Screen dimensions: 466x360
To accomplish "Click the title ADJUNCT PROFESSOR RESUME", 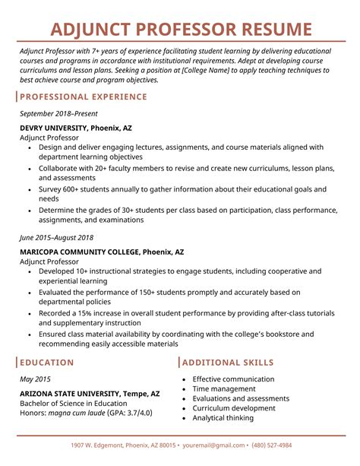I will pos(180,30).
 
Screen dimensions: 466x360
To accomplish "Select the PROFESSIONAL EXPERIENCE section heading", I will pos(84,97).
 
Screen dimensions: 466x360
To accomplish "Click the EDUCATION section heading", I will pos(47,363).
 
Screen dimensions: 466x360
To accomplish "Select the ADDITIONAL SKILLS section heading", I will pos(228,363).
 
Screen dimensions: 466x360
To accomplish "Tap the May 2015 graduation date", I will pos(35,379).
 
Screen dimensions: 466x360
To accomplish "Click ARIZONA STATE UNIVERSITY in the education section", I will pos(69,394).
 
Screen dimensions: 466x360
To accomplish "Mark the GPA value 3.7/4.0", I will pos(138,413).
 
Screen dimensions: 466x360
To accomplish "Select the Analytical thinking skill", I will pos(223,417).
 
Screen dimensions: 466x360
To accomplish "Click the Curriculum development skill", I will pos(235,408).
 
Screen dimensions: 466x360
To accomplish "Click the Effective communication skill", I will pos(233,379).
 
